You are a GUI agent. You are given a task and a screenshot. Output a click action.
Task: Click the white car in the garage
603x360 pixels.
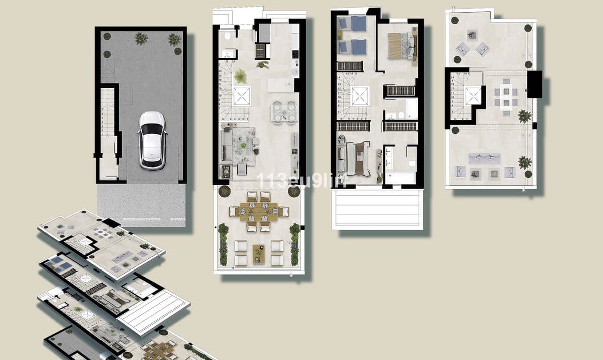(152, 140)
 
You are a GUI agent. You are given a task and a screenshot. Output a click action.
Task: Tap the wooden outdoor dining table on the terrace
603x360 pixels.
(259, 211)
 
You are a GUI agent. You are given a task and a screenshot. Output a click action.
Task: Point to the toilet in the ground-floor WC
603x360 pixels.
(227, 35)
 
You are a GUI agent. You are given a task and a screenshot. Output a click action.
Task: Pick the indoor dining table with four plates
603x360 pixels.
(284, 112)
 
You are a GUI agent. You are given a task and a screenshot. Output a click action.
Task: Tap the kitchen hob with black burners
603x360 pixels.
(295, 53)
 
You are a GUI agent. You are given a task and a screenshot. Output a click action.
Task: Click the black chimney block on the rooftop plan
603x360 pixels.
(534, 84)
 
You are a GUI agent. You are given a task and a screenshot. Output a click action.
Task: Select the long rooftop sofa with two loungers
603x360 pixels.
(484, 159)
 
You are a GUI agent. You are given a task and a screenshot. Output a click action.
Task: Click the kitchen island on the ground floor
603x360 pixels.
(280, 84)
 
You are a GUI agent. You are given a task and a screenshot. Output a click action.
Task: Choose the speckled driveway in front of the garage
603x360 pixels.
(142, 204)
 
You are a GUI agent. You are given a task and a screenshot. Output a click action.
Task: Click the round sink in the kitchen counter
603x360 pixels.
(295, 72)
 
